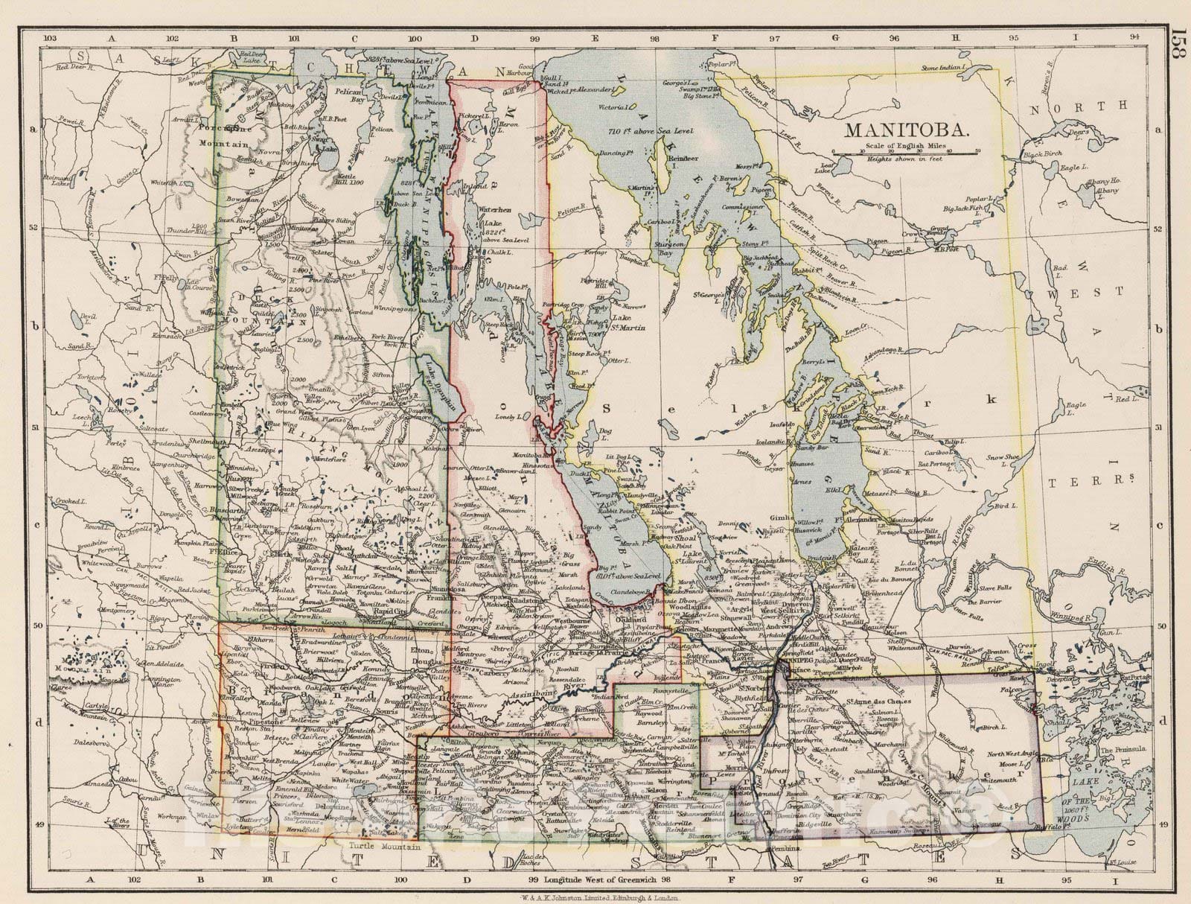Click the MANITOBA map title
point(906,130)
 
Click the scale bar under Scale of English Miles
point(906,153)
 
